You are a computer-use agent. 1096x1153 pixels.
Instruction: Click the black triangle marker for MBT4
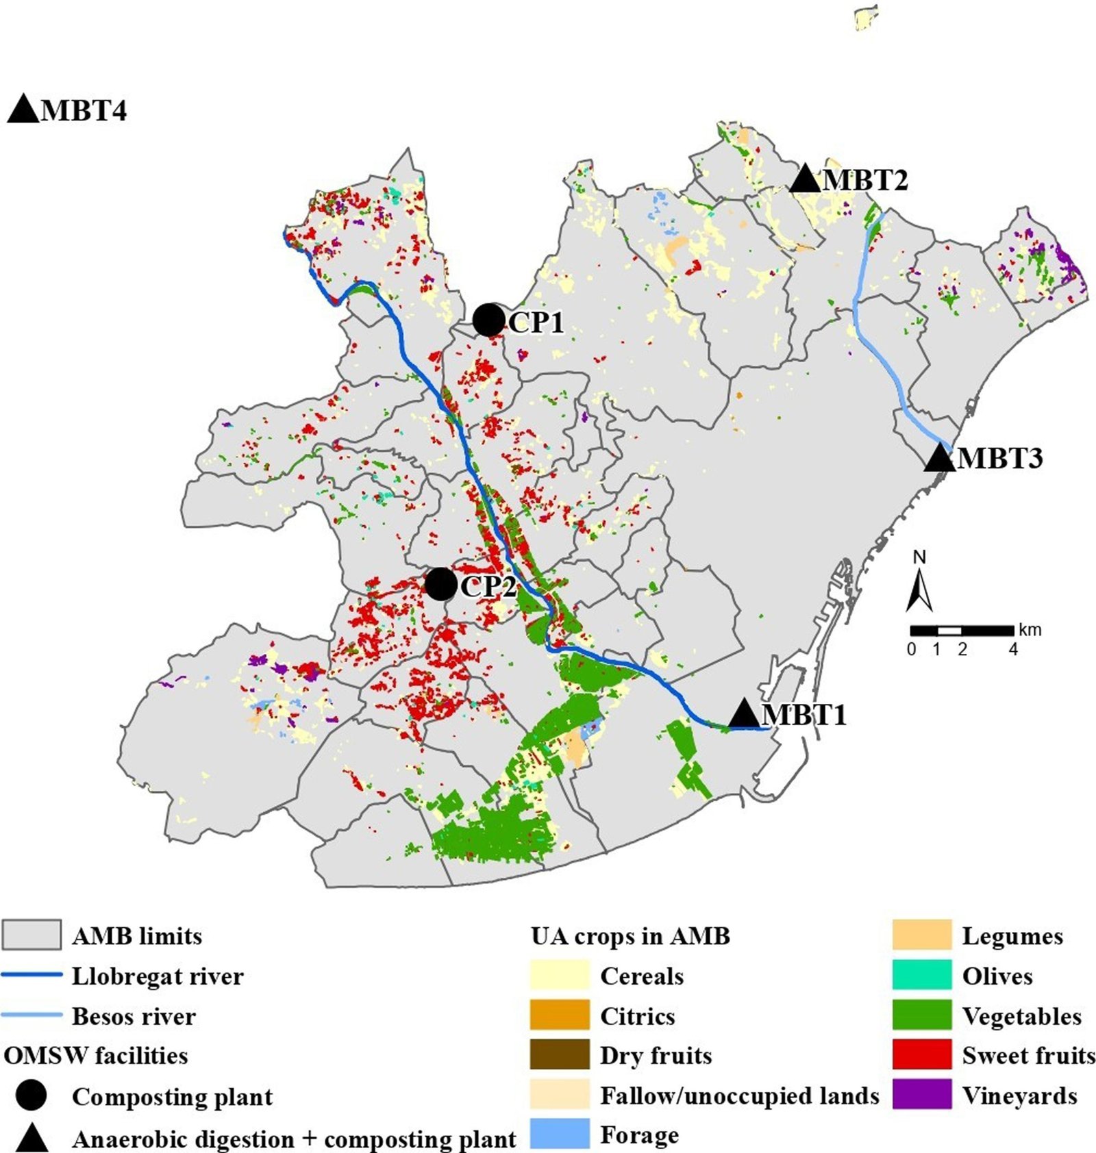click(23, 110)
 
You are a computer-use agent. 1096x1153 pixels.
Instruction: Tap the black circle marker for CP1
click(488, 320)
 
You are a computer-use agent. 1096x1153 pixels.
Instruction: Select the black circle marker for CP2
click(440, 584)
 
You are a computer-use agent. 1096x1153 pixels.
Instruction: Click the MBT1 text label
click(804, 715)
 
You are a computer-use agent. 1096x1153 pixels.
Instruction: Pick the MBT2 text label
click(865, 180)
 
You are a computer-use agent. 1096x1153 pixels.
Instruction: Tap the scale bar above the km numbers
click(961, 630)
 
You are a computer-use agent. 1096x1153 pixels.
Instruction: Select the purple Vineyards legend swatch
click(921, 1094)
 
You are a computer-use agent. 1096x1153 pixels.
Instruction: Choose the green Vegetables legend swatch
click(921, 1015)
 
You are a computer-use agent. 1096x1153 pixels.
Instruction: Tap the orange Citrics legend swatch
click(559, 1015)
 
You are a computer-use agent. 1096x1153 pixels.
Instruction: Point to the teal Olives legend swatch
click(921, 975)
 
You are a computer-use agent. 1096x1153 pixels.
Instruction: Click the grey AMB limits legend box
click(32, 935)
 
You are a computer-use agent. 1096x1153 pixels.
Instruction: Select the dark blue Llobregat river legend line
click(32, 975)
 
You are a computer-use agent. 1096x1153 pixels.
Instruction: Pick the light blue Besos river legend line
click(32, 1015)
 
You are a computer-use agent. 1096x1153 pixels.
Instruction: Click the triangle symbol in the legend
click(32, 1138)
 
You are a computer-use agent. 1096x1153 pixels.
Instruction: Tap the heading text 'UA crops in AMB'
click(630, 936)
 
